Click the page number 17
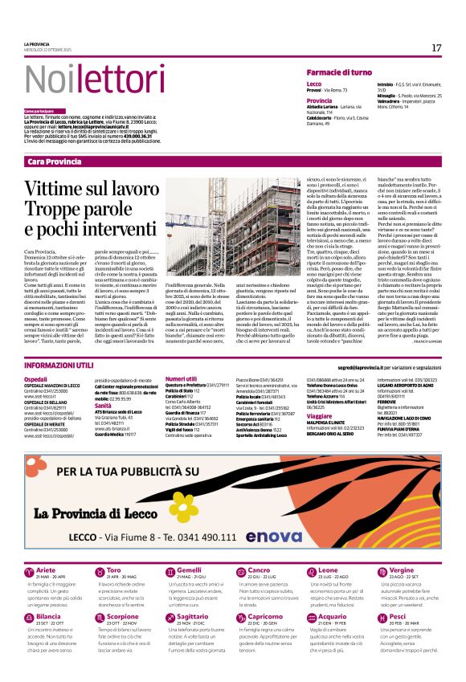436,48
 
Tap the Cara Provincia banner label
54,161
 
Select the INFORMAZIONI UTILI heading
59,366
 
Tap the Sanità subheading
106,405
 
